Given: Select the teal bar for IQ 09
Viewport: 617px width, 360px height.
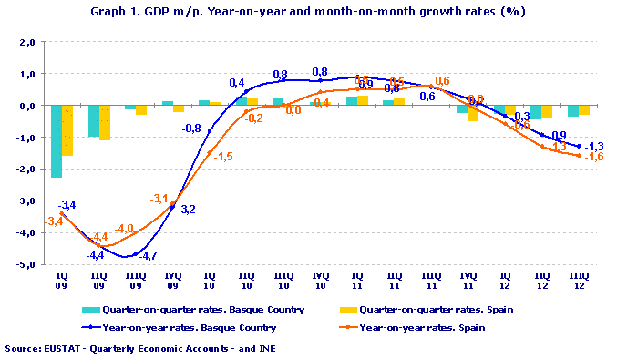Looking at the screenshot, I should point(57,141).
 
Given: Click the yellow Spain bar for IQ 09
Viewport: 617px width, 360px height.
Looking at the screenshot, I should point(67,130).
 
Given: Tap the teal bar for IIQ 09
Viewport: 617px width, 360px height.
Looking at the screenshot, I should point(93,121).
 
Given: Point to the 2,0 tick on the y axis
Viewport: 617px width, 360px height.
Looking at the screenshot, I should point(26,42).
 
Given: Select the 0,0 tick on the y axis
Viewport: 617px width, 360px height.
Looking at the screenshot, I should point(26,106).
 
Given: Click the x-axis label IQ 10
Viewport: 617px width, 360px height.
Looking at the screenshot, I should point(210,279).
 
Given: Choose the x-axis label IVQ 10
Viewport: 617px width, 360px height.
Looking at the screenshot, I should point(320,279).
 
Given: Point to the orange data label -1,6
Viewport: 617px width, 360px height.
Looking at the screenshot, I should point(594,157).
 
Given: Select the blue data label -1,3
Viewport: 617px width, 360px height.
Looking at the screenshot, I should point(594,146).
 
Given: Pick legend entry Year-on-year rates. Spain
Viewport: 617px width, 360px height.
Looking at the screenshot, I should point(429,326).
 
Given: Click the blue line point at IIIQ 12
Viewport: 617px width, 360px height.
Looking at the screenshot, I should point(579,146).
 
